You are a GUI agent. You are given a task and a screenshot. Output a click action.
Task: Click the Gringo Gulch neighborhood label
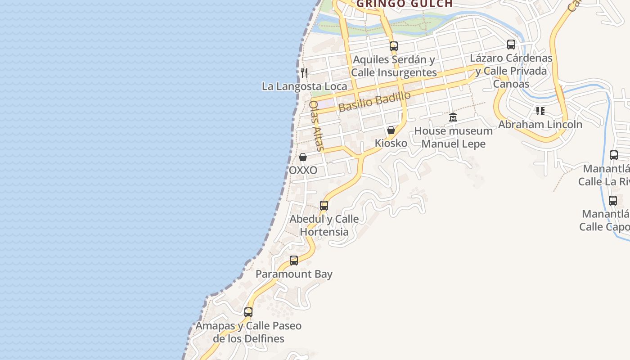click(x=404, y=4)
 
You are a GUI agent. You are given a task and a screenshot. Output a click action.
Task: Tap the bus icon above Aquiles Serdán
click(x=394, y=46)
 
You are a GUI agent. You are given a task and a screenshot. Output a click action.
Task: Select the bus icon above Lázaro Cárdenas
click(x=511, y=45)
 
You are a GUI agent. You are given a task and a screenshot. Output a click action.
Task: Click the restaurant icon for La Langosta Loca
click(x=305, y=72)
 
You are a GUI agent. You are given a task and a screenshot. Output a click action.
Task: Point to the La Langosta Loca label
click(x=305, y=86)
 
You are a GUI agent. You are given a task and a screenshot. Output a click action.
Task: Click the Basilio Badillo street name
click(x=375, y=102)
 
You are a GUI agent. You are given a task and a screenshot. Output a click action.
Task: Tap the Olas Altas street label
click(x=316, y=125)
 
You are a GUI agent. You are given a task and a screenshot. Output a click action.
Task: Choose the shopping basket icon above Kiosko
click(x=391, y=130)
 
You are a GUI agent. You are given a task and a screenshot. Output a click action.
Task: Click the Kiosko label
click(x=391, y=143)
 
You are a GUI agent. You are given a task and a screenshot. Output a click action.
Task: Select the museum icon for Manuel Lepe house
click(x=453, y=117)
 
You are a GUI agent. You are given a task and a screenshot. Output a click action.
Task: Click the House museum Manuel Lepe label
click(x=453, y=137)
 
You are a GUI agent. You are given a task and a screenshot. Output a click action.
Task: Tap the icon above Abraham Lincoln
click(x=540, y=111)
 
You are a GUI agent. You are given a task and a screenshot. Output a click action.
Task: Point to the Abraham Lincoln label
click(x=540, y=124)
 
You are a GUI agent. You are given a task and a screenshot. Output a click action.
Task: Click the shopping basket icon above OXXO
click(x=303, y=157)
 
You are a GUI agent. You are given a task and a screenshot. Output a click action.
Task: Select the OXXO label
click(x=303, y=170)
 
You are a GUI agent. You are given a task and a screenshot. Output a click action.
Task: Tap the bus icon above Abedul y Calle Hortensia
click(x=324, y=206)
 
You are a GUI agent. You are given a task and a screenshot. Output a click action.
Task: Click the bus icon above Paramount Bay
click(x=294, y=260)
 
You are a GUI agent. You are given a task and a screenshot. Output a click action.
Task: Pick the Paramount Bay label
click(x=294, y=274)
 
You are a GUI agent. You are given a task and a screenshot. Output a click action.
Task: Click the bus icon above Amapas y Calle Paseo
click(x=248, y=312)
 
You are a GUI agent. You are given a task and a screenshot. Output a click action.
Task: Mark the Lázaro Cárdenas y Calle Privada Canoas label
click(x=511, y=71)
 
